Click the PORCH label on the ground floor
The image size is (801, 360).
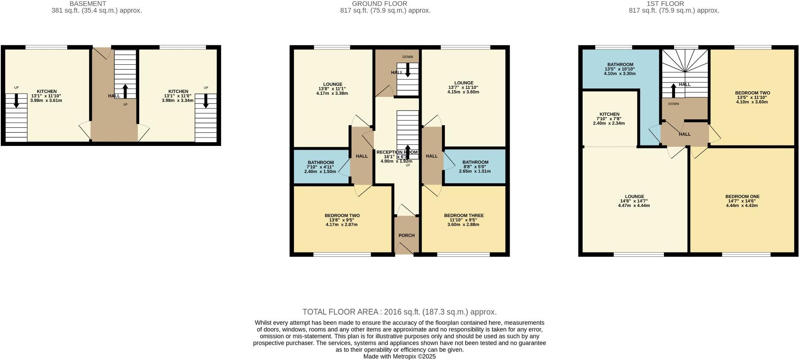point(406,235)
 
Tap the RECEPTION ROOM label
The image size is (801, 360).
point(397,152)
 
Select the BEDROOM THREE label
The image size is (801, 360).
point(464,215)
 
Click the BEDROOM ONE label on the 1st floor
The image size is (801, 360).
point(742,196)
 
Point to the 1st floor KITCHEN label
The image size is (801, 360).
point(609,114)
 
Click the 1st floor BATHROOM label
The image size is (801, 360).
point(620,64)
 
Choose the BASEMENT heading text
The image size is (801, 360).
point(88,4)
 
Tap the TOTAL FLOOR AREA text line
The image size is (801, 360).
point(399,312)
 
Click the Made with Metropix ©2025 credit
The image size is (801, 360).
point(399,356)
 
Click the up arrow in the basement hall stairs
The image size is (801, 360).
point(125,91)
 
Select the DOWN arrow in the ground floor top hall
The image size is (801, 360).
point(408,70)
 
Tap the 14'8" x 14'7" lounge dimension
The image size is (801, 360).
point(634,201)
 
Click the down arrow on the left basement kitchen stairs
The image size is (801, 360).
point(16,101)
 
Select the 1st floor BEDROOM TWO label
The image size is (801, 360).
point(752,93)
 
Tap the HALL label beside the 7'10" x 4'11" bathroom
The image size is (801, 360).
point(362,156)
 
